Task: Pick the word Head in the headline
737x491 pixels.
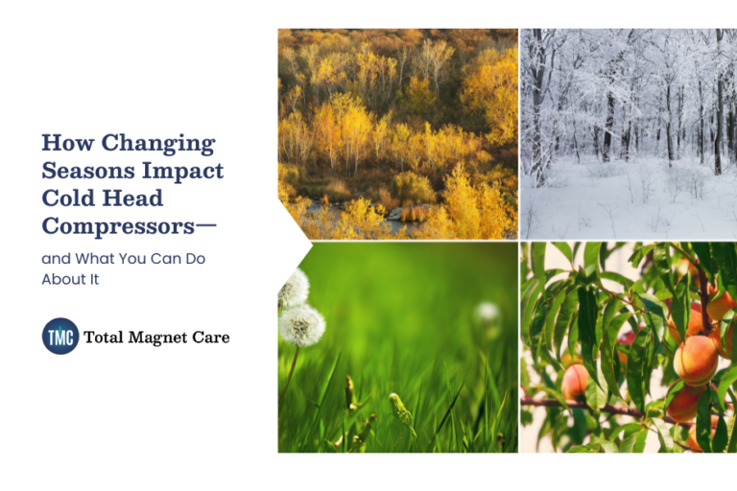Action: coord(134,199)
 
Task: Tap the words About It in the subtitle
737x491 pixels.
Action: coord(70,279)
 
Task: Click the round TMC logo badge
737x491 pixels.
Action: coord(60,337)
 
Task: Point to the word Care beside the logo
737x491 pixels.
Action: coord(211,338)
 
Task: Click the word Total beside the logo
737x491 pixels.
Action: coord(104,338)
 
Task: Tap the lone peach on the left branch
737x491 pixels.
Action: coord(575,382)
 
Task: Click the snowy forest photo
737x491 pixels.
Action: coord(629,133)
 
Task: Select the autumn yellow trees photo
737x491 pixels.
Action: coord(397,133)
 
